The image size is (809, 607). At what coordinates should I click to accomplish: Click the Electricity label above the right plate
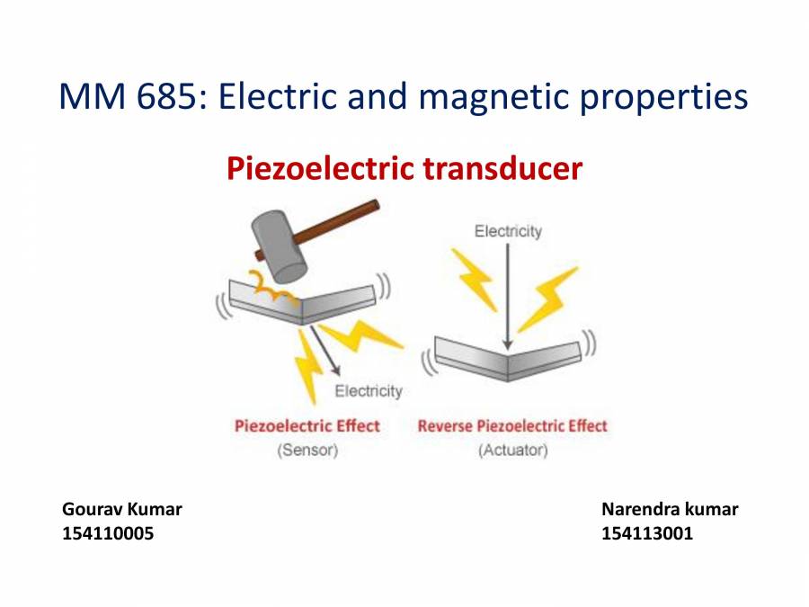508,231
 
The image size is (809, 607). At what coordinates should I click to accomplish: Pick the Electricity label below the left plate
369,391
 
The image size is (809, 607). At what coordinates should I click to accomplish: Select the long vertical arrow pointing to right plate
508,297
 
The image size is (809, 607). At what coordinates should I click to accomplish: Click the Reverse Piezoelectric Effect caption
512,425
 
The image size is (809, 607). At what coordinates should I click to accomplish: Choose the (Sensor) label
307,450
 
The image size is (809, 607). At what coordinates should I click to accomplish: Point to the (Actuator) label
512,450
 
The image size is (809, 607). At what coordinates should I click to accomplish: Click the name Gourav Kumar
122,509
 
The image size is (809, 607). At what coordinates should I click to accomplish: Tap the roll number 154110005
108,533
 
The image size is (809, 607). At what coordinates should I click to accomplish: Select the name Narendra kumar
670,509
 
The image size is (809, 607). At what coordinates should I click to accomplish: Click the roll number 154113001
647,533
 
